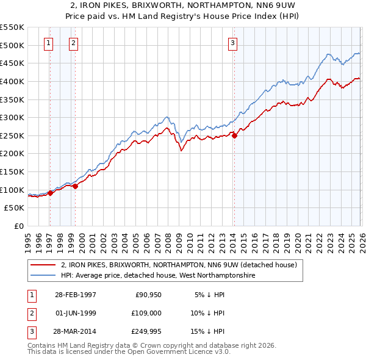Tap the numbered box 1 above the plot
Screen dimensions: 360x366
48,43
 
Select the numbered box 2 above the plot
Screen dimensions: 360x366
73,43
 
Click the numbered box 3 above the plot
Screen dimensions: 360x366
232,43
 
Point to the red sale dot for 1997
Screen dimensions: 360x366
51,193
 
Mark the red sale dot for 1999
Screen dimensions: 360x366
75,187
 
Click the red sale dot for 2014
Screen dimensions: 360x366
235,135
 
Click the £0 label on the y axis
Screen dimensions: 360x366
18,226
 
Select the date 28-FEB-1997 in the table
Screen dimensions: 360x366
74,295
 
